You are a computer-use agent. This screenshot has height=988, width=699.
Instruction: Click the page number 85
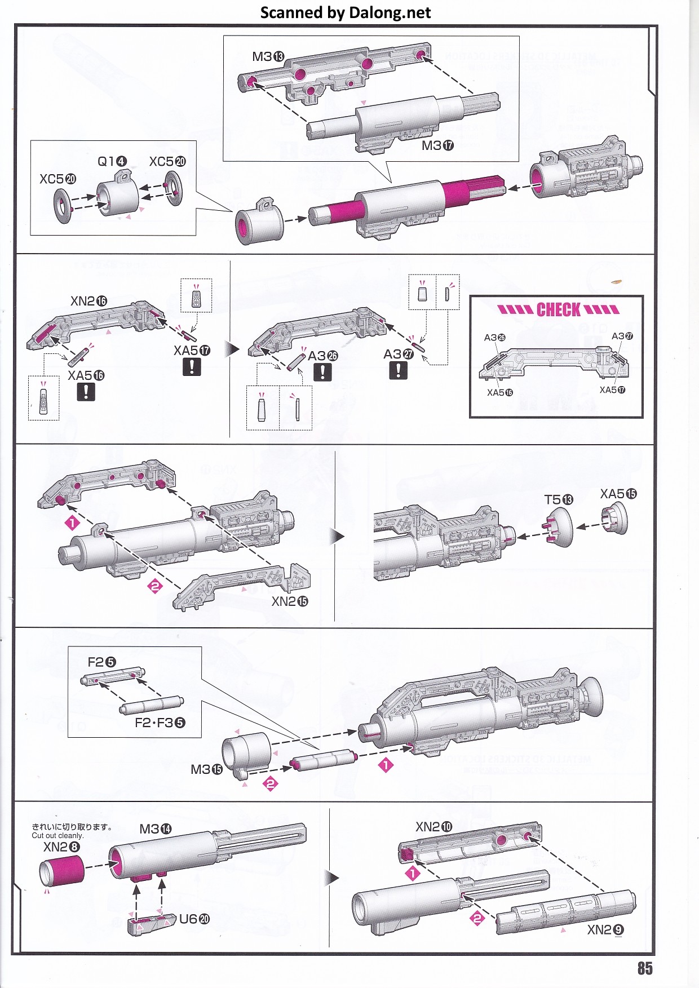[645, 968]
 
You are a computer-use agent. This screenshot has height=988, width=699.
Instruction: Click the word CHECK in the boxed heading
[558, 309]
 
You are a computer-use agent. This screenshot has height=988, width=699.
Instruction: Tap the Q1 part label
[112, 162]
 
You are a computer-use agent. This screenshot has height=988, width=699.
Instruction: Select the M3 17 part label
[437, 145]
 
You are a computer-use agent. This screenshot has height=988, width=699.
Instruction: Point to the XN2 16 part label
[89, 301]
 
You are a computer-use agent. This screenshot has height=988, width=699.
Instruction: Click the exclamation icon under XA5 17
[192, 367]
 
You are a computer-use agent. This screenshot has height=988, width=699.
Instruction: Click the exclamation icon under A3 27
[398, 370]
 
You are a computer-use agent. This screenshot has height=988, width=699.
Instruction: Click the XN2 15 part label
[290, 601]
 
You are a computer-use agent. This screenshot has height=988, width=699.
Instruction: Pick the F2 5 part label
[101, 662]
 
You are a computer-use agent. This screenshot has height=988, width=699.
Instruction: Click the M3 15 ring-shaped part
[246, 752]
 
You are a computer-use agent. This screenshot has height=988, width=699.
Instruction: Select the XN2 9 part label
[605, 929]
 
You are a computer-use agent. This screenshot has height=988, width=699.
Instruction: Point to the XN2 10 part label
[433, 827]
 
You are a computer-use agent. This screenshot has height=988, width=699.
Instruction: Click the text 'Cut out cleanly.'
[57, 836]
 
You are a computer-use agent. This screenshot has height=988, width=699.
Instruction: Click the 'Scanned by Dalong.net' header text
[346, 12]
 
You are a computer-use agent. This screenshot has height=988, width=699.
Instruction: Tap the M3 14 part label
[155, 829]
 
